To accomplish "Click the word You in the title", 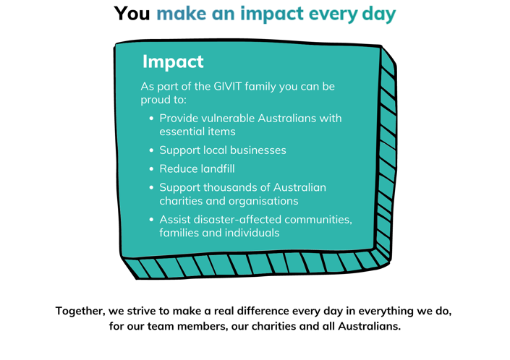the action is (x=132, y=14).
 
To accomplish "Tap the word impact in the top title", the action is (x=272, y=14).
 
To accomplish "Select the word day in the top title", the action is (x=378, y=14).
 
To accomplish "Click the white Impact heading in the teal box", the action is (x=173, y=61).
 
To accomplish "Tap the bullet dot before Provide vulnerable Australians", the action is (x=151, y=119).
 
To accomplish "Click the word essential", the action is (x=181, y=132).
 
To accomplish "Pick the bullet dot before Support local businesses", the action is (x=151, y=150).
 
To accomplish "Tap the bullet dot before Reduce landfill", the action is (x=151, y=169).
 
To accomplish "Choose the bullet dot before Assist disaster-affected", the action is (x=151, y=220).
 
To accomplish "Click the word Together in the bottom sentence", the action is (x=80, y=311).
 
